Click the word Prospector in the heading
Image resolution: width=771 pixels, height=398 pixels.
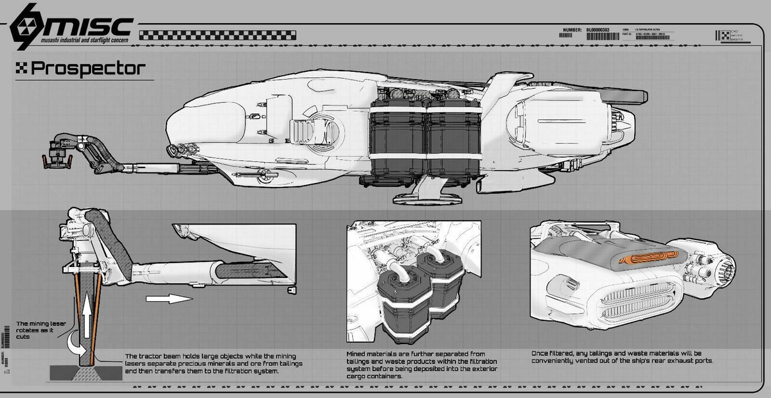coord(89,67)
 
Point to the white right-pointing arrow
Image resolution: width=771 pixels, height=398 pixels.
coord(169,298)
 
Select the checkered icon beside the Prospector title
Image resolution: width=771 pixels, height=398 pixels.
coord(22,68)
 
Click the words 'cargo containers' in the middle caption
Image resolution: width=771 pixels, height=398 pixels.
coord(376,376)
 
